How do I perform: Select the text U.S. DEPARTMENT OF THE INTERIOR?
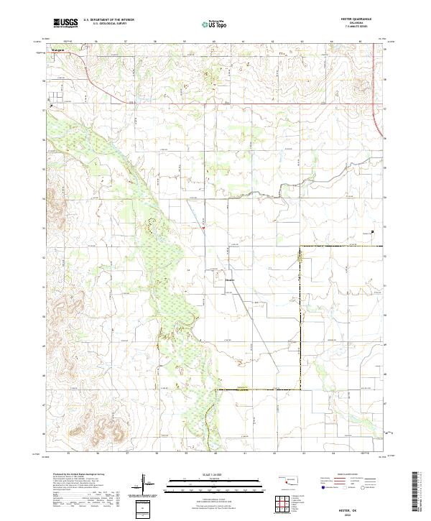coord(108,20)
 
